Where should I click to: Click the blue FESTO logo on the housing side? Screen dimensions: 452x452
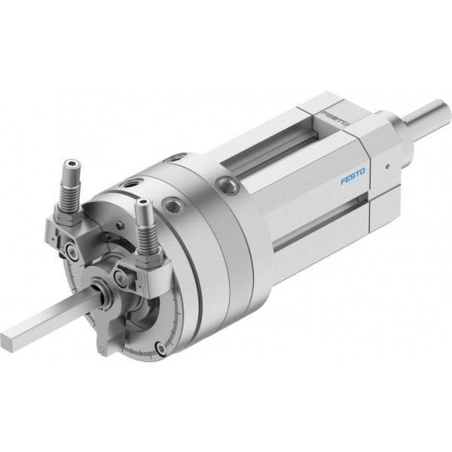pos(353,176)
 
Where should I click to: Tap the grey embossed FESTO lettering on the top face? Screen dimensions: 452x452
pos(335,118)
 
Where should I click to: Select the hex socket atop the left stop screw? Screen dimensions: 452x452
pos(72,164)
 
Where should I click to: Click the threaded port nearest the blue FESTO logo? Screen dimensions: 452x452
pos(228,185)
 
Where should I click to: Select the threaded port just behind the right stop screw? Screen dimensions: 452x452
pos(173,204)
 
